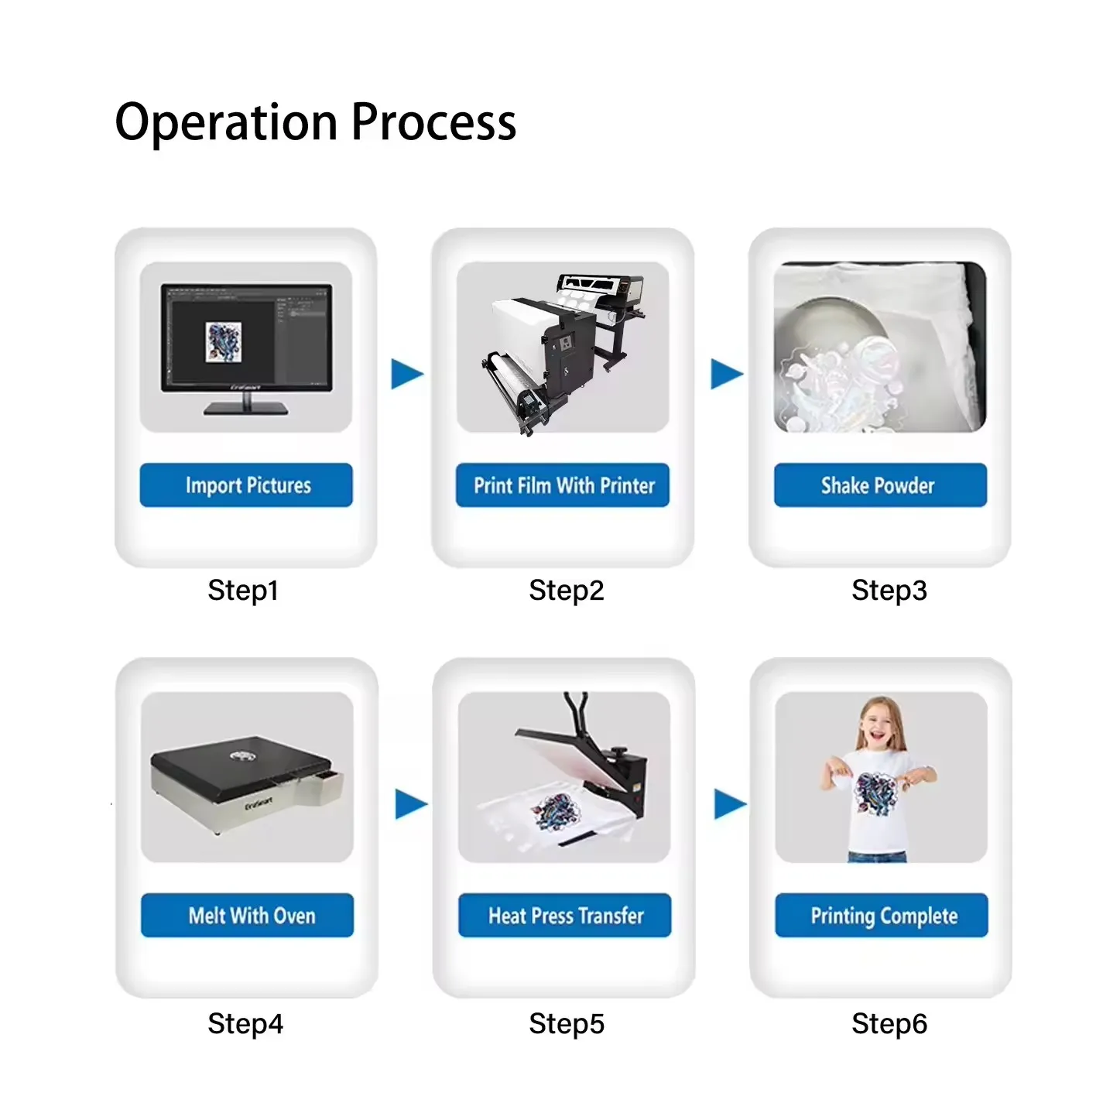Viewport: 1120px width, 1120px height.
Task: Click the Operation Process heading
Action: coord(316,123)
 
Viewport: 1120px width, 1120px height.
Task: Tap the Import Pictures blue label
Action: coord(246,485)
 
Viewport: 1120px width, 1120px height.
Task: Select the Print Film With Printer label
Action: coord(563,485)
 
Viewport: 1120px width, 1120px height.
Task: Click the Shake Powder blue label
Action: coord(880,485)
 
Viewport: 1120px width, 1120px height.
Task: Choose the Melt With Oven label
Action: coord(247,915)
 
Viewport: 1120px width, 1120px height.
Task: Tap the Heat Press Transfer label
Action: coord(564,915)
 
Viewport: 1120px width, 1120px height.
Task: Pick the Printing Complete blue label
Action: coord(881,915)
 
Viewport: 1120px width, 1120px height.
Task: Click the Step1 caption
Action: coord(243,591)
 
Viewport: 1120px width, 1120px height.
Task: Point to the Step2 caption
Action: coord(566,591)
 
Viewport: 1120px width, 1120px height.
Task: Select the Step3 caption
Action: coord(889,591)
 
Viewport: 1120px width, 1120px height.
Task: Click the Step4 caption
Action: coord(245,1023)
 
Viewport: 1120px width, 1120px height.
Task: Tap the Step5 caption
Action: coord(566,1023)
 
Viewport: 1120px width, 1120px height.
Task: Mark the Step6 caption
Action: coord(889,1023)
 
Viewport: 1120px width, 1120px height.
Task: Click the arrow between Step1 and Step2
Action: coord(406,374)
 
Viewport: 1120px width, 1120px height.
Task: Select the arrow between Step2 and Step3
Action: coord(726,374)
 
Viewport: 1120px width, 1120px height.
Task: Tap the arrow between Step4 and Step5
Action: coord(410,804)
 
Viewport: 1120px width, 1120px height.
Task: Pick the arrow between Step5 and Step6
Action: coord(729,804)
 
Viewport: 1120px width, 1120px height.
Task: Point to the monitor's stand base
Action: coord(246,409)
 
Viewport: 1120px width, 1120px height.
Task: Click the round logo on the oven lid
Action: coord(240,755)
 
